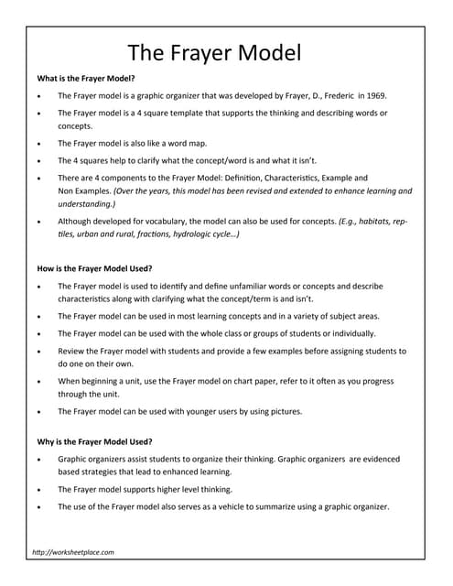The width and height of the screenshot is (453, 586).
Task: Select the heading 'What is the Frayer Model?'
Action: pyautogui.click(x=85, y=78)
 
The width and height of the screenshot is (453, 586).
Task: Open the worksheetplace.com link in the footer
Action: pyautogui.click(x=73, y=552)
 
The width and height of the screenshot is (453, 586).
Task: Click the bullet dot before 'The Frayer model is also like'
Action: pyautogui.click(x=37, y=144)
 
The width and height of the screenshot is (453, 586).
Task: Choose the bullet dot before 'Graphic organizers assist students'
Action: pyautogui.click(x=37, y=459)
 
